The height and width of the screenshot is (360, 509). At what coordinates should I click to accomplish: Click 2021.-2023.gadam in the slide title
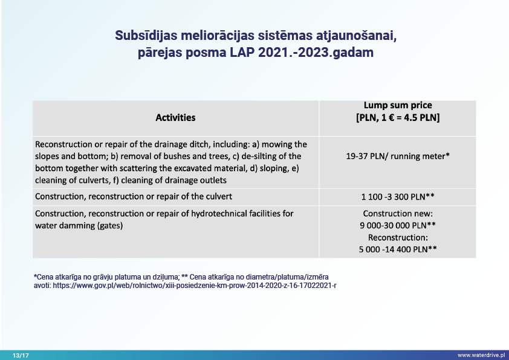pos(316,53)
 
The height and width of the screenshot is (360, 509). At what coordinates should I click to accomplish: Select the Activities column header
pos(175,117)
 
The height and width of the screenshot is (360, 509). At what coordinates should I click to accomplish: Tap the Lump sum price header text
pos(397,105)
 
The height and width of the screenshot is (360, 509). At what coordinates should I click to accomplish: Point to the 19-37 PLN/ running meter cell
pos(397,156)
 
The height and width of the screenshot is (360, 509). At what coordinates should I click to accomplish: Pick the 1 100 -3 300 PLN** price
pos(397,197)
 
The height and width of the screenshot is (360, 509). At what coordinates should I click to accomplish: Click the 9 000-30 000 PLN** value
pos(397,225)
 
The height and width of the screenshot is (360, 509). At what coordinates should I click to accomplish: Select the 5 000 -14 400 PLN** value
pos(397,249)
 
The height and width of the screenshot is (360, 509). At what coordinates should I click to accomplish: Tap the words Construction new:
pos(397,214)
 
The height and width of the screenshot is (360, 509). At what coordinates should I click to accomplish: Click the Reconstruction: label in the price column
pos(397,237)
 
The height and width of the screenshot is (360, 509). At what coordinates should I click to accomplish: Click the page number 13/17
pos(21,355)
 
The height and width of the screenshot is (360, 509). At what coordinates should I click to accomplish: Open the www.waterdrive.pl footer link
pos(481,355)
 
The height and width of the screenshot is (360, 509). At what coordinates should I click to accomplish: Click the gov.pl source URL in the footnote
pos(193,284)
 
